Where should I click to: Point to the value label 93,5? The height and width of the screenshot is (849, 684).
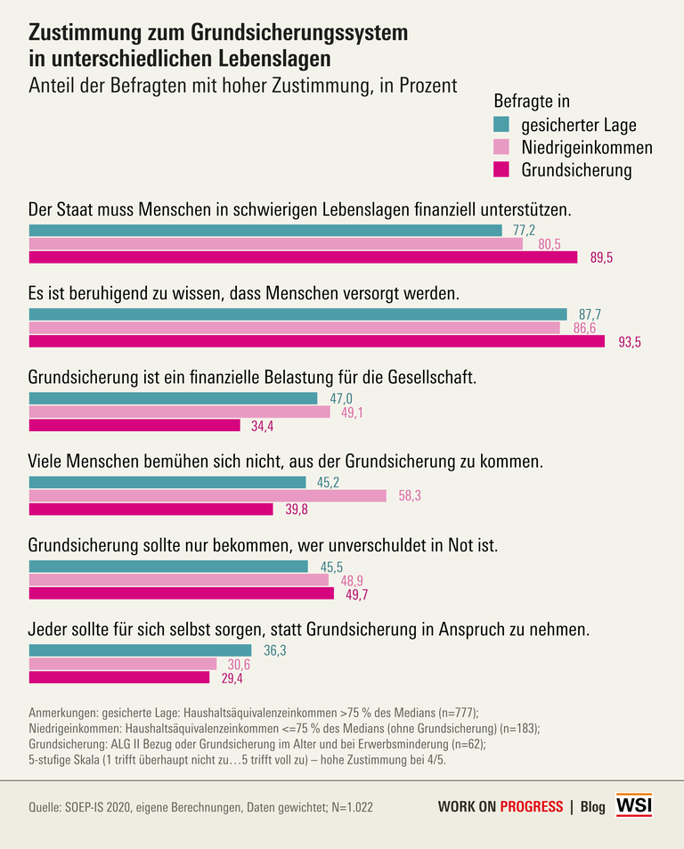tap(618, 341)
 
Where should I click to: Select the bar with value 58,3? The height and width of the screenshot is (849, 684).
tap(208, 495)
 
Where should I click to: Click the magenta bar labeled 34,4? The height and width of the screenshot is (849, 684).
tap(134, 426)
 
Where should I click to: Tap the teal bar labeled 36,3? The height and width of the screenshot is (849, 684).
tap(141, 650)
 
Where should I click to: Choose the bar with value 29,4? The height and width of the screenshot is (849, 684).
tap(119, 677)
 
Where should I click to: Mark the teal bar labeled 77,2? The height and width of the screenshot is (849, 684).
tap(265, 231)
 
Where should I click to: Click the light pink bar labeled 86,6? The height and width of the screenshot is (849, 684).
tap(294, 328)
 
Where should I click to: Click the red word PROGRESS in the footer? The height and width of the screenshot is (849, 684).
tap(531, 806)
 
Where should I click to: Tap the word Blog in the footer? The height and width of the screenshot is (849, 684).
tap(592, 806)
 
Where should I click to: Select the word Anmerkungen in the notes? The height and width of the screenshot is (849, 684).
tap(67, 712)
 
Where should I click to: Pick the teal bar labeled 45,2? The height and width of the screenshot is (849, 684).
tap(167, 482)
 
